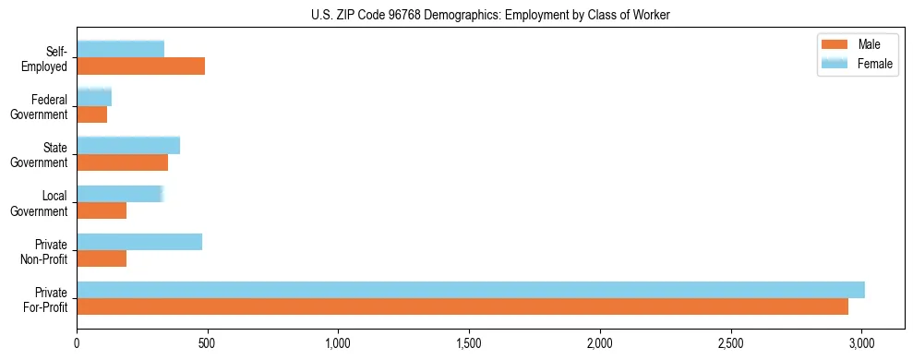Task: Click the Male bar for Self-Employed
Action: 140,66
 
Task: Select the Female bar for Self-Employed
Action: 120,49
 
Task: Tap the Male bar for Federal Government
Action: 91,114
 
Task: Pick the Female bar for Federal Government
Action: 94,97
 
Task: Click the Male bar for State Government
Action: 122,162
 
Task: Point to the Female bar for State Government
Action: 128,145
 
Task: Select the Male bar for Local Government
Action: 102,210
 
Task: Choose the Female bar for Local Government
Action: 120,194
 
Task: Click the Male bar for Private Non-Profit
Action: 102,258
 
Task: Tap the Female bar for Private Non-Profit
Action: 139,242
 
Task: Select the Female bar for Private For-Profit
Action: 471,290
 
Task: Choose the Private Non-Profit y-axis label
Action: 46,251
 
